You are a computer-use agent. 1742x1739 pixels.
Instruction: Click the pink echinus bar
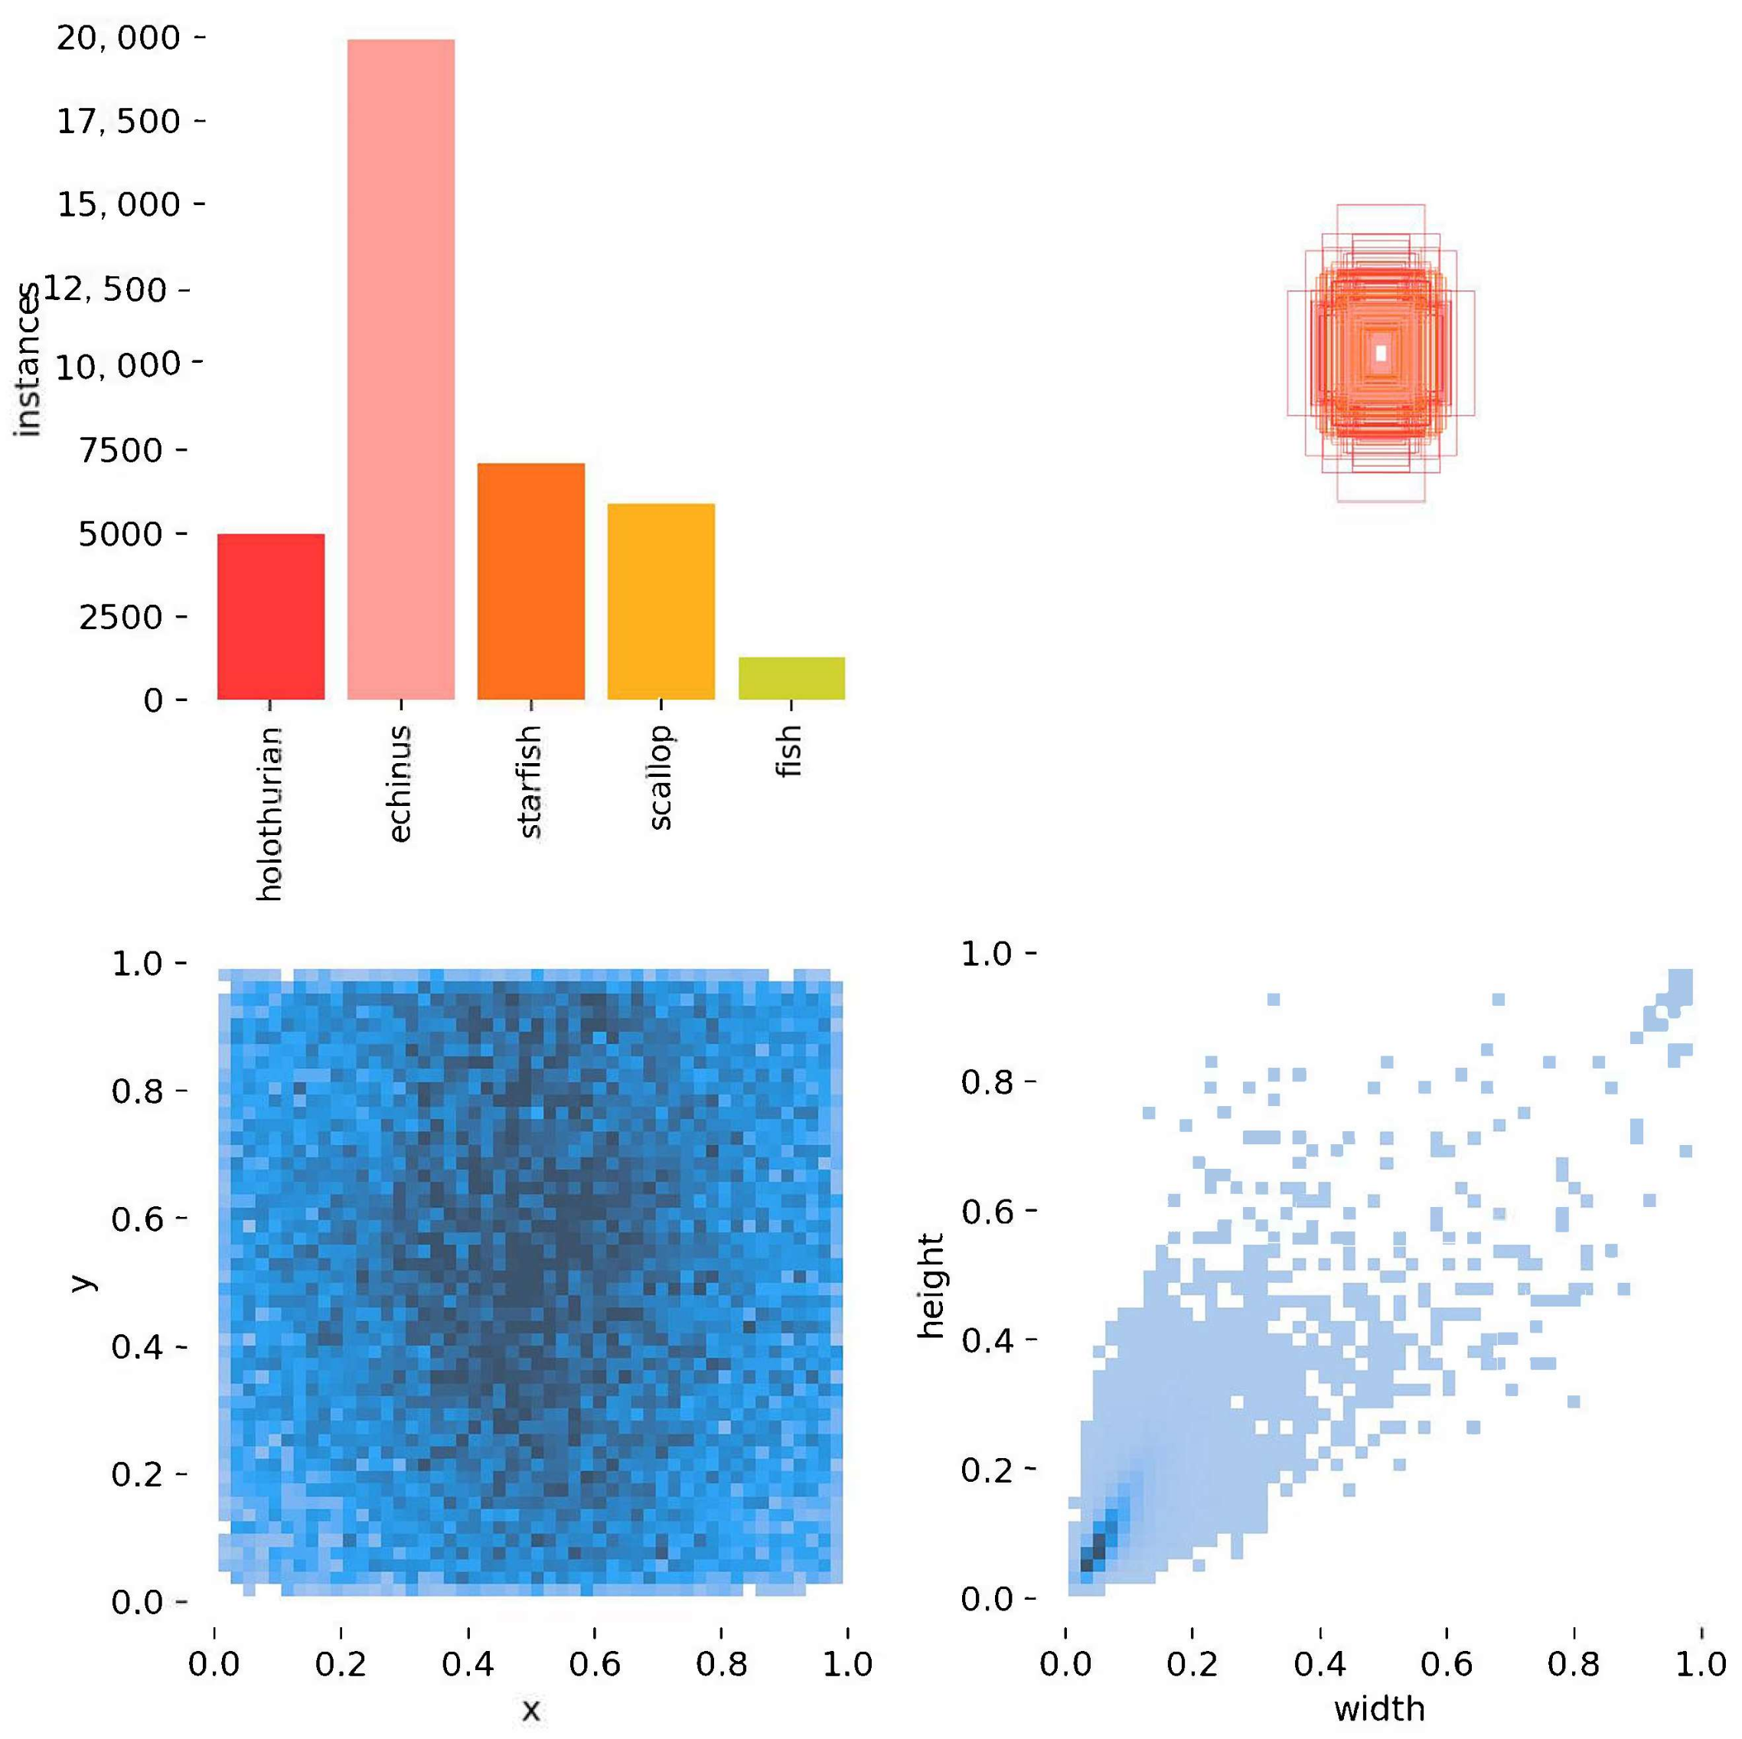[x=400, y=370]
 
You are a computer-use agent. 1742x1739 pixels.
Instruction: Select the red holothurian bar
[x=270, y=617]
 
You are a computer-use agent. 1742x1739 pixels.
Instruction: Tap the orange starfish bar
[x=530, y=582]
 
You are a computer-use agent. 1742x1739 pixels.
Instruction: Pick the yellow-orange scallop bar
[x=661, y=602]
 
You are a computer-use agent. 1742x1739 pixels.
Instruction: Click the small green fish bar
[x=791, y=679]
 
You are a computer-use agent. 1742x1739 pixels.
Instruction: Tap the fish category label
[x=789, y=751]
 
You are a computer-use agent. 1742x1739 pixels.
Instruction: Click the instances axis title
[x=28, y=361]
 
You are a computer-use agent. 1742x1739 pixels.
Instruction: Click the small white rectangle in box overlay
[x=1381, y=353]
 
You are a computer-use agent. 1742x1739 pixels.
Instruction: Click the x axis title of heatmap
[x=530, y=1709]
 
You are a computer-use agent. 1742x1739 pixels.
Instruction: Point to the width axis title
[x=1379, y=1708]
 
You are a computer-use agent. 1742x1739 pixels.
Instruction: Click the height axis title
[x=930, y=1284]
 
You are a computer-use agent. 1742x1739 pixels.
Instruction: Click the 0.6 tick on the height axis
[x=988, y=1212]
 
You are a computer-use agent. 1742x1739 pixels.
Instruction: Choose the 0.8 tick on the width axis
[x=1574, y=1663]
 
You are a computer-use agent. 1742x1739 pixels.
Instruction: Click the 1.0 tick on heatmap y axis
[x=137, y=964]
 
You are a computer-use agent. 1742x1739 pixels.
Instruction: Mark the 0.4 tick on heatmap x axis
[x=467, y=1663]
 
